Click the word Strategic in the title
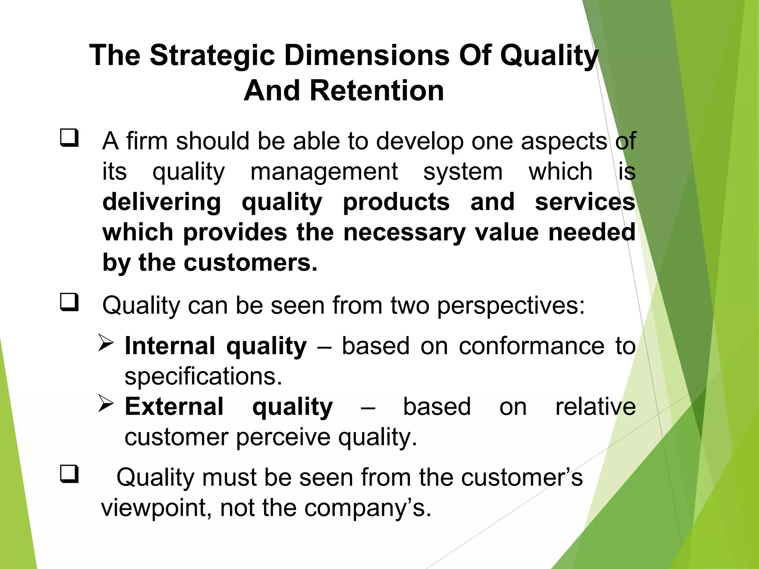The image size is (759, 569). point(212,56)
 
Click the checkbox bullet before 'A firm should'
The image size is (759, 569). point(69,138)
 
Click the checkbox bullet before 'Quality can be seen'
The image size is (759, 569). point(69,302)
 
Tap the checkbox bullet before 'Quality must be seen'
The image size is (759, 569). point(69,474)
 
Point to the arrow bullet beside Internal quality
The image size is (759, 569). point(106,343)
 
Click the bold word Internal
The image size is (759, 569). point(170,346)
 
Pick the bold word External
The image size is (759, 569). point(174,406)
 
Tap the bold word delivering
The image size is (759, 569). point(162,202)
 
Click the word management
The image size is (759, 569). point(324,172)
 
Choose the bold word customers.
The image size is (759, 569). point(251,263)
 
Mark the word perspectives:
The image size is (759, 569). point(511,306)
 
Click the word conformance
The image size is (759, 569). point(532,346)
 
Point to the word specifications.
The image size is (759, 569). point(203,376)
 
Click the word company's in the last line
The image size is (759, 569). point(368,508)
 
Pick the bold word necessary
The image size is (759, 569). point(404,232)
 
